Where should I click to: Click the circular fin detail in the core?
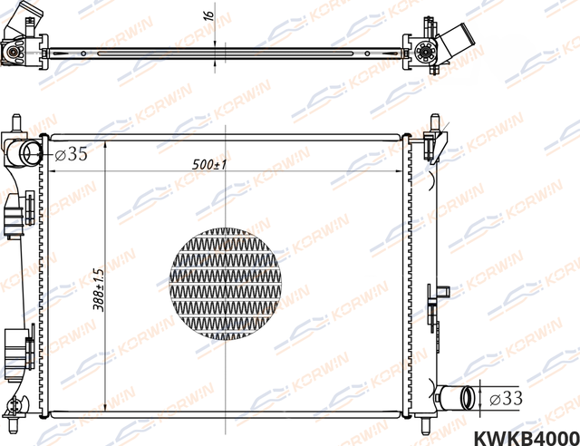point(226,286)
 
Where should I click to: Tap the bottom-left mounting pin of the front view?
point(15,422)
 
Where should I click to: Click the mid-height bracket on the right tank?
point(442,292)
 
